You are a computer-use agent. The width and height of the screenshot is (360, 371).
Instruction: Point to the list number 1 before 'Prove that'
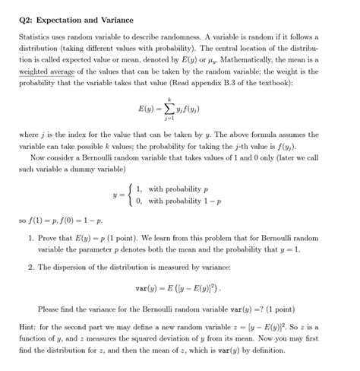(x=27, y=239)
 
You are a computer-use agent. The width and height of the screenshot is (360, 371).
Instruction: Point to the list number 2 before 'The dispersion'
(x=27, y=267)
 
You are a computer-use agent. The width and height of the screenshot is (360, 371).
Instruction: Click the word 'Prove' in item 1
(x=47, y=239)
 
